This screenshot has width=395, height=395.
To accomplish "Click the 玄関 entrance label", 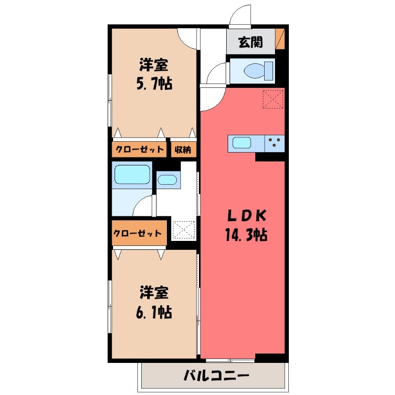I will [x=250, y=43].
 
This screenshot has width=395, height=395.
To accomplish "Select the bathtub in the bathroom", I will [x=132, y=175].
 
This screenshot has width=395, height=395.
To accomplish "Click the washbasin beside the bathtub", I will [x=167, y=179].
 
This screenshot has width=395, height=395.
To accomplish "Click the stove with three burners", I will [x=275, y=144].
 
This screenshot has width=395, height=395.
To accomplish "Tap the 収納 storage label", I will [x=185, y=150].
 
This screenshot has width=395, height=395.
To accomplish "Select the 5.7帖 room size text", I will [x=154, y=84].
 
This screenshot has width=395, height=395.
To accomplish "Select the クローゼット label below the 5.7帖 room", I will [x=140, y=150].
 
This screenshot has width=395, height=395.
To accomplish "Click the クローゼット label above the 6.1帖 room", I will [x=138, y=234].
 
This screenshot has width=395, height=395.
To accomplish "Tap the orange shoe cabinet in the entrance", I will [x=280, y=39].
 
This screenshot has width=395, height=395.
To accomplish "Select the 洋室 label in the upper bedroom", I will [x=154, y=65].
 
